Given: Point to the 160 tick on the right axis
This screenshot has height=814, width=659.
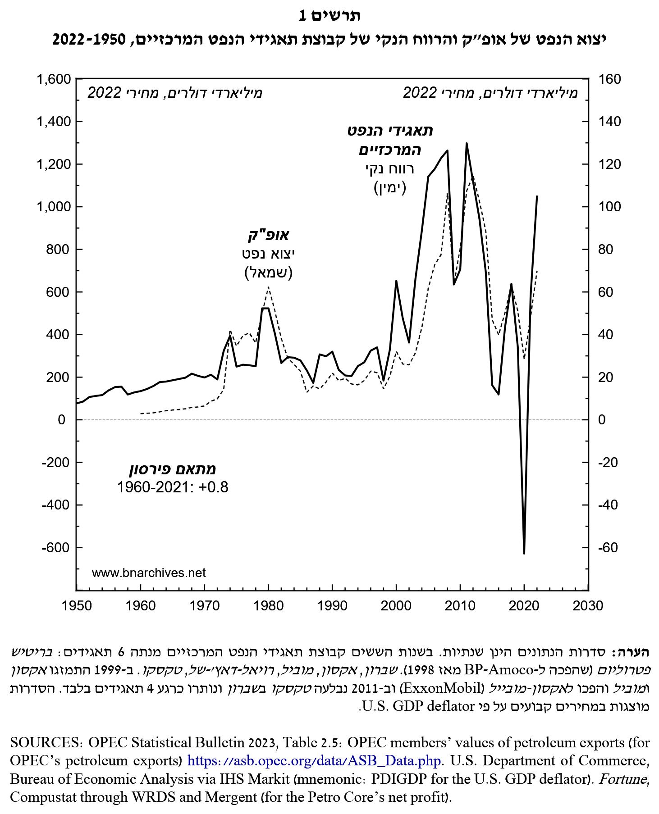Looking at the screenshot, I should [609, 79].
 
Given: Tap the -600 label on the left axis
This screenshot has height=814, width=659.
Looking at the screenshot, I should [56, 548].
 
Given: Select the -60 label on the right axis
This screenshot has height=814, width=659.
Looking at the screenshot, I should [608, 548].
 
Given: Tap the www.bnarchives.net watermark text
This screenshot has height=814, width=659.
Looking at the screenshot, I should [149, 573].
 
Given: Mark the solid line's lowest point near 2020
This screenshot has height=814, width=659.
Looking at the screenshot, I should [524, 553].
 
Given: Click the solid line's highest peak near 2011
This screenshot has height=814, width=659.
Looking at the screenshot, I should [467, 143].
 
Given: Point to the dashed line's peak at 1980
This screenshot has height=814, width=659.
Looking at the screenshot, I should [269, 287].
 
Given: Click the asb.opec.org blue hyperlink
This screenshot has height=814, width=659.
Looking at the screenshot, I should [314, 760].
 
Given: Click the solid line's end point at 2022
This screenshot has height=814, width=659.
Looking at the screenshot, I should [537, 196].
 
